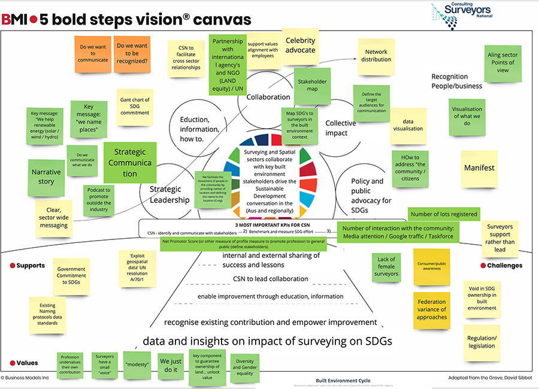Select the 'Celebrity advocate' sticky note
pyautogui.click(x=300, y=45)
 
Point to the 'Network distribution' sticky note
pyautogui.click(x=376, y=56)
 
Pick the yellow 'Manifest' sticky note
pyautogui.click(x=479, y=168)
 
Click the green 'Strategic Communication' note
pyautogui.click(x=130, y=163)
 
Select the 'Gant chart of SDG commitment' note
pyautogui.click(x=134, y=107)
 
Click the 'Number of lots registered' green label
pyautogui.click(x=444, y=214)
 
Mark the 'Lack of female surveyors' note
pyautogui.click(x=386, y=266)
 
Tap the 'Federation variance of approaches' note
pyautogui.click(x=431, y=309)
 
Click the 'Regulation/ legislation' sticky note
pyautogui.click(x=482, y=342)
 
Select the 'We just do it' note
pyautogui.click(x=171, y=366)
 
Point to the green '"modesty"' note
pyautogui.click(x=137, y=363)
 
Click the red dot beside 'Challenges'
pyautogui.click(x=482, y=265)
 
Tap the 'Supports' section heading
pyautogui.click(x=30, y=265)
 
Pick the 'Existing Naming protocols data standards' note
pyautogui.click(x=47, y=314)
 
